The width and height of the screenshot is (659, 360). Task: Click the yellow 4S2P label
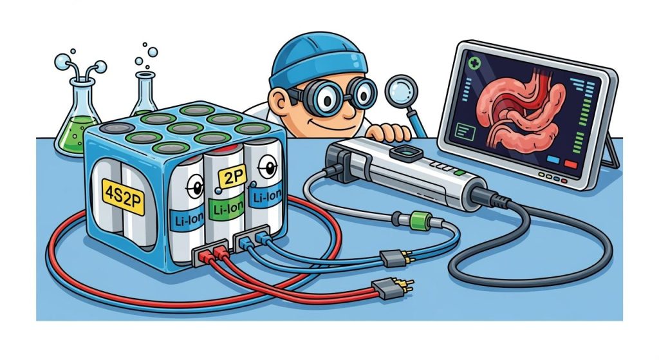pos(124,196)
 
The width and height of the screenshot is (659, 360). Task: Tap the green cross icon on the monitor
pos(475,63)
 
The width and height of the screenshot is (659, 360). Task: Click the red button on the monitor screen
pos(571,164)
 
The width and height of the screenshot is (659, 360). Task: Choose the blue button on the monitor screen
pos(553,160)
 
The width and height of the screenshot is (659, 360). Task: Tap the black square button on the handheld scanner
pos(405,152)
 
